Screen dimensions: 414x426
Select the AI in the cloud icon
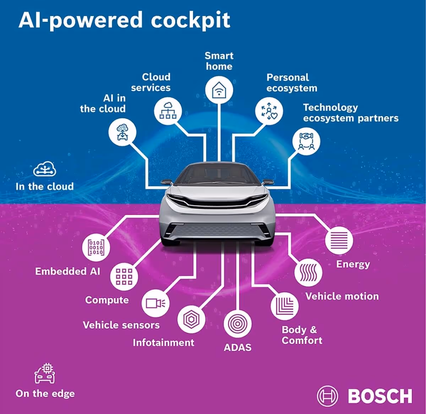coord(122,132)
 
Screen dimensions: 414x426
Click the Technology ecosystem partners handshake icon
coord(306,141)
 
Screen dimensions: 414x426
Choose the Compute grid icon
coord(124,276)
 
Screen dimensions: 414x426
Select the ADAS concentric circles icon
coord(237,324)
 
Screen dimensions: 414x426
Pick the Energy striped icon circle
coord(339,240)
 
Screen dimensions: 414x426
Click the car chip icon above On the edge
coord(45,374)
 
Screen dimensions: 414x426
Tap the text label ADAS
coord(237,347)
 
